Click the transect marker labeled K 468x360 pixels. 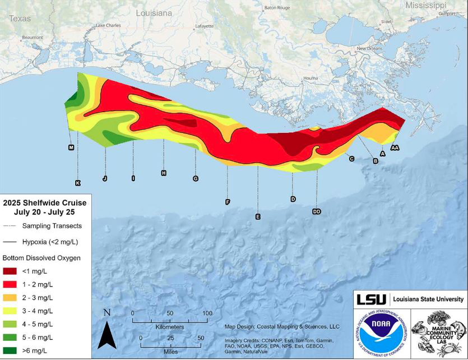78,183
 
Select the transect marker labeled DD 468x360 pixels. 317,211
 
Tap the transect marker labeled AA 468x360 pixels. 395,147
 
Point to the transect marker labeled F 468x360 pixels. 228,202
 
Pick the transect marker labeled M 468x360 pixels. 71,147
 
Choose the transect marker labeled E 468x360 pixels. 257,216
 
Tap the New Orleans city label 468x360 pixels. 369,49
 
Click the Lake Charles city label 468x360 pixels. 108,25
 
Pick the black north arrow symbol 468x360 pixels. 107,335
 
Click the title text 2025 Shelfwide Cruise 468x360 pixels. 45,202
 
